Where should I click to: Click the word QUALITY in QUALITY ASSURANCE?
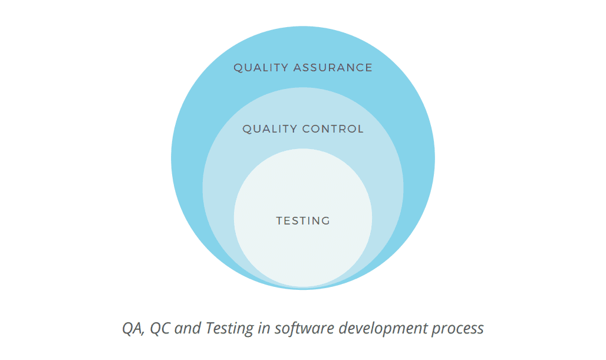[261, 68]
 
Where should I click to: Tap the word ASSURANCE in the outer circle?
[332, 68]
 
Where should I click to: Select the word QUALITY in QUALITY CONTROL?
[270, 129]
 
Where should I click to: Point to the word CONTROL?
[333, 128]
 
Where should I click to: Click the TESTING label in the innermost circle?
[303, 220]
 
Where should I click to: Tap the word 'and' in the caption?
[188, 328]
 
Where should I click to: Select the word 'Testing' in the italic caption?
[229, 329]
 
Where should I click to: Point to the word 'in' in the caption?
[264, 328]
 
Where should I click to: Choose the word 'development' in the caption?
[383, 329]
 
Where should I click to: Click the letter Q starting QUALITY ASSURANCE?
[239, 68]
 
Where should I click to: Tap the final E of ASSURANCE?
[368, 68]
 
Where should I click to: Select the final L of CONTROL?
[361, 128]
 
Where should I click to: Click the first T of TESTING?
[279, 220]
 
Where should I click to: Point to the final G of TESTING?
[326, 220]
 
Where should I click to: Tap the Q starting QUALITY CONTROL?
[248, 130]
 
